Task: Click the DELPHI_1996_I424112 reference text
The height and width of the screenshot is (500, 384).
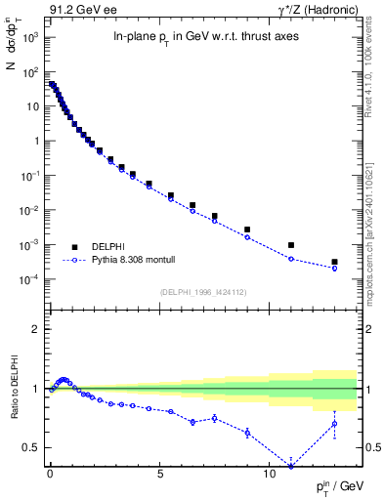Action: click(x=202, y=290)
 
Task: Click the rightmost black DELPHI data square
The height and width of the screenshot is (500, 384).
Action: click(x=334, y=262)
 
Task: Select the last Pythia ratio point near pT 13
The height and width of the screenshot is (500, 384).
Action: click(x=334, y=423)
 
